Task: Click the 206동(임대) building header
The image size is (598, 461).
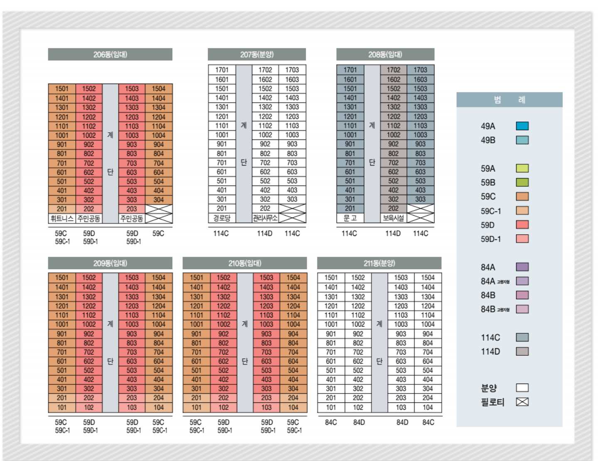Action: (x=110, y=55)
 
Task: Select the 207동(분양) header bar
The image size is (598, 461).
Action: (x=256, y=55)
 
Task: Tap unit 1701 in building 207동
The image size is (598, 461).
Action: (x=222, y=70)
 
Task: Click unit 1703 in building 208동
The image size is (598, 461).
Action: (x=420, y=70)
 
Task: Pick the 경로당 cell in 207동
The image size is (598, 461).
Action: (x=222, y=218)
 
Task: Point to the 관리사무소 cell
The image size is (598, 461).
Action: (x=265, y=218)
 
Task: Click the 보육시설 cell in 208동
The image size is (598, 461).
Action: (x=393, y=218)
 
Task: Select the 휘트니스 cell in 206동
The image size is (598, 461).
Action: (x=62, y=218)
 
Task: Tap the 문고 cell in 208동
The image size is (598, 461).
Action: (x=350, y=218)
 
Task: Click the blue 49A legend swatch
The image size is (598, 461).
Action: (x=522, y=126)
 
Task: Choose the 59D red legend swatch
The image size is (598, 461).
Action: (x=522, y=225)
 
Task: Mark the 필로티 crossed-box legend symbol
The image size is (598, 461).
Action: (x=522, y=402)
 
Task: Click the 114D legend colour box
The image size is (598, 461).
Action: (x=522, y=352)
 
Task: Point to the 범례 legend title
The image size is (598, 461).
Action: (x=509, y=100)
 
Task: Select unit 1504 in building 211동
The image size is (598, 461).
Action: (x=428, y=278)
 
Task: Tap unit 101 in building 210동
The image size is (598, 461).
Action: (x=197, y=407)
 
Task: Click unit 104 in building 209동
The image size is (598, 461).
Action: (x=158, y=407)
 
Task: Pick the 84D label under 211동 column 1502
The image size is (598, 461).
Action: (x=359, y=422)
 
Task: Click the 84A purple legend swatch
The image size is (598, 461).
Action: (x=522, y=267)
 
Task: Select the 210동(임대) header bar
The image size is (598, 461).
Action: (x=244, y=263)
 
